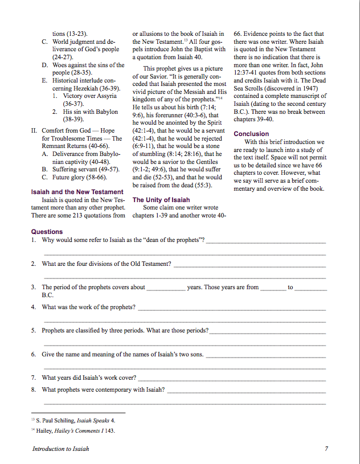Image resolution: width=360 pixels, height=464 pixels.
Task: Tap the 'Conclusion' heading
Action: (x=251, y=134)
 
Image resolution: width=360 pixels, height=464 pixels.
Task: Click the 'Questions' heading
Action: (x=47, y=232)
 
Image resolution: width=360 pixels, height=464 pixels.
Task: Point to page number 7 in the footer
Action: (x=326, y=449)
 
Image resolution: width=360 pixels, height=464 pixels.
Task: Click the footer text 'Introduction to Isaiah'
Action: (x=60, y=449)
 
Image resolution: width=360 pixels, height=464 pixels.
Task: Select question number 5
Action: (x=34, y=330)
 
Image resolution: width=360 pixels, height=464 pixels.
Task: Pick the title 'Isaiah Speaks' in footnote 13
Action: (x=91, y=420)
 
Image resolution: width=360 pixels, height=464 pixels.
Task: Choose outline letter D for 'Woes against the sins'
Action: (x=44, y=65)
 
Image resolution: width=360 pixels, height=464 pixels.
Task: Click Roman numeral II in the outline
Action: (x=34, y=131)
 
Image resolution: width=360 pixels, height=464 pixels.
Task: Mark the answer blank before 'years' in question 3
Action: (x=166, y=288)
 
